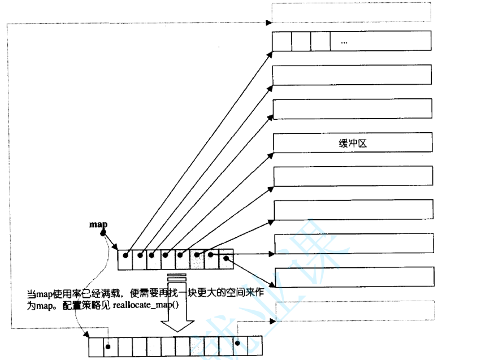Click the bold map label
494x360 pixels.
tap(98, 224)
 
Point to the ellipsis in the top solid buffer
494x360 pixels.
tap(344, 42)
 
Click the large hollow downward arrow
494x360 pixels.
tap(177, 316)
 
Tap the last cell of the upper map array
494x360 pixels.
tap(226, 259)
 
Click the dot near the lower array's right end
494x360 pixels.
tap(238, 342)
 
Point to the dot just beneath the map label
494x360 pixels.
tap(103, 233)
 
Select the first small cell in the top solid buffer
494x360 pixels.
tap(282, 42)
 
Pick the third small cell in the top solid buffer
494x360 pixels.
tap(320, 42)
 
